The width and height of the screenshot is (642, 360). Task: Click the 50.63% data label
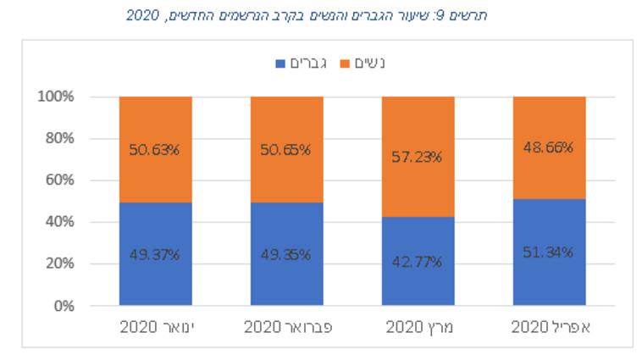pyautogui.click(x=155, y=150)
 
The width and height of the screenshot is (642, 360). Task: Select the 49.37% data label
pyautogui.click(x=155, y=253)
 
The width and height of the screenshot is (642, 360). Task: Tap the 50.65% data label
pyautogui.click(x=286, y=150)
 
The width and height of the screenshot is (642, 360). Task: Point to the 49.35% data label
pyautogui.click(x=286, y=253)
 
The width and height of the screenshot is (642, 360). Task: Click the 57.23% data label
pyautogui.click(x=418, y=157)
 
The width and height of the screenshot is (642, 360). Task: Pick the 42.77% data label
pyautogui.click(x=418, y=260)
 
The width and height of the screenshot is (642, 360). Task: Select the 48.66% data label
pyautogui.click(x=549, y=147)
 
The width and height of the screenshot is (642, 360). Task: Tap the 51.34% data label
pyautogui.click(x=549, y=252)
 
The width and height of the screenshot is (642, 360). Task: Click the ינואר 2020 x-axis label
pyautogui.click(x=155, y=327)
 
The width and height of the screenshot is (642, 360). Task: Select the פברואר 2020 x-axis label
pyautogui.click(x=286, y=327)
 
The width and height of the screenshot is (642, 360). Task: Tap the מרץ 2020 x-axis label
pyautogui.click(x=418, y=327)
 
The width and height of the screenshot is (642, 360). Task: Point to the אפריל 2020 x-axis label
pyautogui.click(x=549, y=327)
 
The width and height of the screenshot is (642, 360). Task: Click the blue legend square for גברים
pyautogui.click(x=280, y=64)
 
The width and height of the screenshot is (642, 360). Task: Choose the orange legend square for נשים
pyautogui.click(x=344, y=64)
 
